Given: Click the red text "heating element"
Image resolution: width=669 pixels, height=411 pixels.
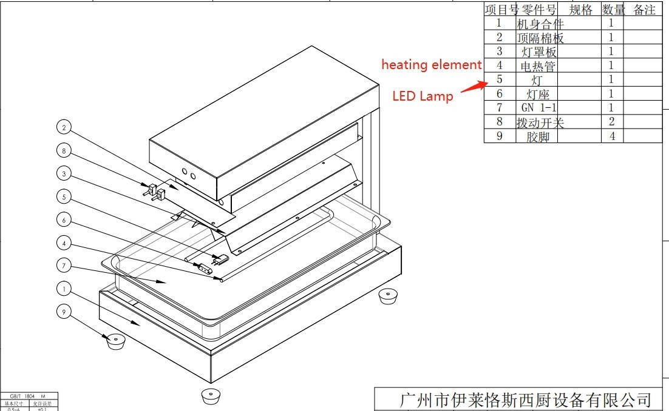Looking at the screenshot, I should (431, 65).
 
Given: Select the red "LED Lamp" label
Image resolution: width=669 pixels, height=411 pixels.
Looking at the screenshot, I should (423, 96).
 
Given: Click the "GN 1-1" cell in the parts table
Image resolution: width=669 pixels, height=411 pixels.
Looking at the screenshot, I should (538, 108).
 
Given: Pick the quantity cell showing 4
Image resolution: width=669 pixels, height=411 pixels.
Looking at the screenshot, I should (612, 136).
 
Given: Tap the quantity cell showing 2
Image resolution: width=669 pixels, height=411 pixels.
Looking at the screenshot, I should (612, 122).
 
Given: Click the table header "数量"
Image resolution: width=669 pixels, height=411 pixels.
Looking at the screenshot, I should (613, 10).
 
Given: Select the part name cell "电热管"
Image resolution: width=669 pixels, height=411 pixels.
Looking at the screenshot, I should (538, 65).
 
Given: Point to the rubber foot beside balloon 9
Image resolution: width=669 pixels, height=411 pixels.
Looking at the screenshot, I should (115, 341).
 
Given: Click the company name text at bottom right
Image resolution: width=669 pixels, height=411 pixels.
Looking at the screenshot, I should (525, 400).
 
